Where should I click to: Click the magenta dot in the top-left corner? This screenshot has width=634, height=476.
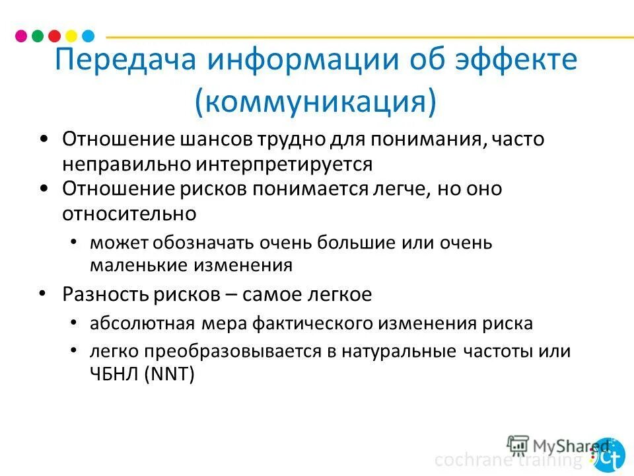pyautogui.click(x=21, y=36)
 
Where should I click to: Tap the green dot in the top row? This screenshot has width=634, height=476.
pyautogui.click(x=38, y=36)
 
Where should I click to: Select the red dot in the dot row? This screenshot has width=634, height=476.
pyautogui.click(x=55, y=36)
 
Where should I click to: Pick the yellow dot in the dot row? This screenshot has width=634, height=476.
pyautogui.click(x=71, y=36)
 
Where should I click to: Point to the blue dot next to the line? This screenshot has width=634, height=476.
pyautogui.click(x=88, y=36)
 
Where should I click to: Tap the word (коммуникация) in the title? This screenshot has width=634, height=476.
pyautogui.click(x=316, y=102)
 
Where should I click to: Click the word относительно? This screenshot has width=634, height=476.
pyautogui.click(x=129, y=214)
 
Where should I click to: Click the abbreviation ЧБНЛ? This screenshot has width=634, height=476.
pyautogui.click(x=115, y=375)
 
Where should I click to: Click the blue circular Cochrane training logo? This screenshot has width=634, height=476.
pyautogui.click(x=608, y=456)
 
